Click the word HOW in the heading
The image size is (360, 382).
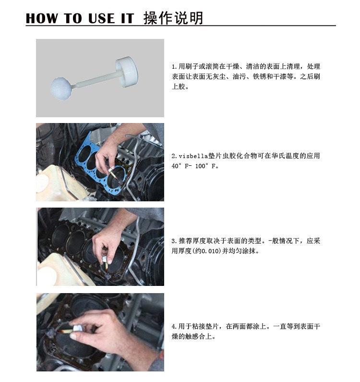pyautogui.click(x=42, y=18)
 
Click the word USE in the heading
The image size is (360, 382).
pyautogui.click(x=101, y=18)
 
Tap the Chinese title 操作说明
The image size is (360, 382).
pyautogui.click(x=173, y=18)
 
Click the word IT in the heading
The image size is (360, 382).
pyautogui.click(x=128, y=18)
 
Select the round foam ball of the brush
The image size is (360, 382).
pyautogui.click(x=61, y=88)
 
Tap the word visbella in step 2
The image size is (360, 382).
pyautogui.click(x=193, y=156)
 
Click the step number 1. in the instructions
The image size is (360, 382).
pyautogui.click(x=174, y=66)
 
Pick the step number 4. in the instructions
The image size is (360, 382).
pyautogui.click(x=174, y=326)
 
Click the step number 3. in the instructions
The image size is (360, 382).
pyautogui.click(x=174, y=241)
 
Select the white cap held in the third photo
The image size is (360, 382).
pyautogui.click(x=105, y=259)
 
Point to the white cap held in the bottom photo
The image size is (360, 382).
pyautogui.click(x=77, y=328)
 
